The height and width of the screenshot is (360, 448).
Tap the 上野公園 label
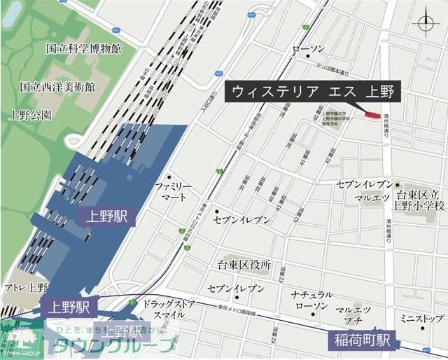(x=31, y=113)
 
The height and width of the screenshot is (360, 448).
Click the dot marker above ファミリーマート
(x=169, y=177)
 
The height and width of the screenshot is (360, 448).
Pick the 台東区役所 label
(x=244, y=265)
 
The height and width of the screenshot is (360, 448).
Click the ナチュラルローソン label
(x=311, y=300)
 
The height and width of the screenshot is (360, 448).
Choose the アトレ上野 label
(x=25, y=287)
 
